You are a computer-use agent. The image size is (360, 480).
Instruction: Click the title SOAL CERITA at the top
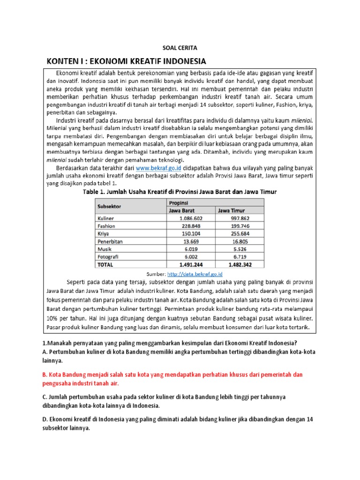click(180, 48)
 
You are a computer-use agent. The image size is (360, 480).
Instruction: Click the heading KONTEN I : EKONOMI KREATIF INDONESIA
click(125, 61)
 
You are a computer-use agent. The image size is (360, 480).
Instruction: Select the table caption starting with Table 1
click(180, 191)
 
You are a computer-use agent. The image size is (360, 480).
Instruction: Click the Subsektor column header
click(109, 206)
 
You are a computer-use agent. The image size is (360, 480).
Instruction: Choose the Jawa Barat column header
click(181, 210)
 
